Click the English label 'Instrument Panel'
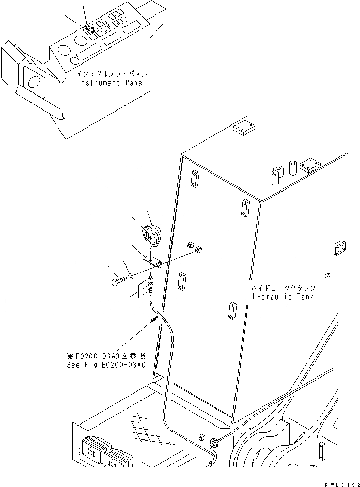point(112,83)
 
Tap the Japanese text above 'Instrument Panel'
point(112,74)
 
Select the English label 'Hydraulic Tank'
point(284,296)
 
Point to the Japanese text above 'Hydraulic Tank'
point(284,288)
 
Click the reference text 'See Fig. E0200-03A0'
point(106,364)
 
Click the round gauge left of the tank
point(151,235)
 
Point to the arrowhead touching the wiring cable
point(154,321)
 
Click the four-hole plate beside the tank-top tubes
point(311,165)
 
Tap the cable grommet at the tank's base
point(213,442)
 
